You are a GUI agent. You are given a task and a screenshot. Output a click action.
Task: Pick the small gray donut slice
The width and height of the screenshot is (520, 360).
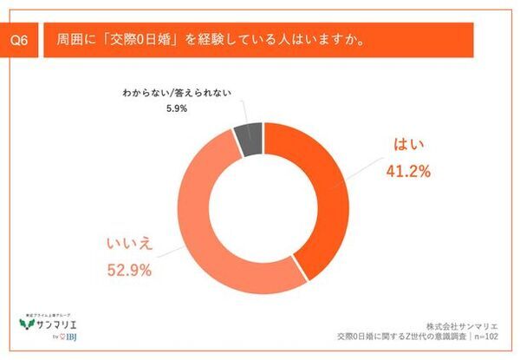pyautogui.click(x=249, y=139)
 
